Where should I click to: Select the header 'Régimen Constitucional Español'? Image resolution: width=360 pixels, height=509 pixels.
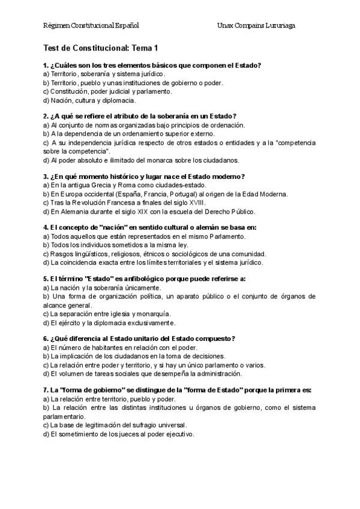point(91,26)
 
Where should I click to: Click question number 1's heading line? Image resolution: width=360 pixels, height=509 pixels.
point(155,65)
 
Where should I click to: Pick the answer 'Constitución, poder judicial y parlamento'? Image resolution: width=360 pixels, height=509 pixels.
point(107,91)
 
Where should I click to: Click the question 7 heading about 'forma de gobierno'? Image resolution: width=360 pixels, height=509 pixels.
point(177,390)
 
